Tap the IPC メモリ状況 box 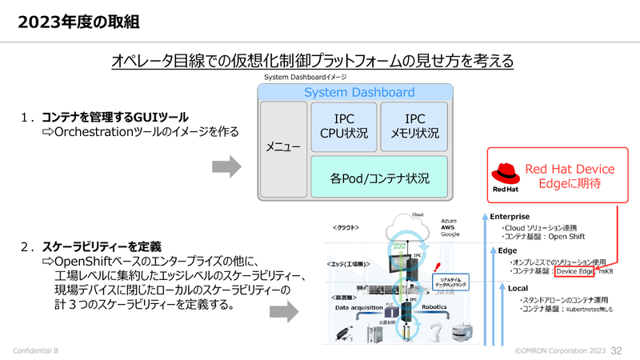(x=414, y=126)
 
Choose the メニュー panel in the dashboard (x=283, y=148)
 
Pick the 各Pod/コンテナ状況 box (x=379, y=178)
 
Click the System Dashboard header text (x=359, y=93)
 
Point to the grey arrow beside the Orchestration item (x=226, y=166)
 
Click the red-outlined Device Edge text (x=576, y=272)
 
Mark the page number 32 (x=617, y=351)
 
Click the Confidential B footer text (x=37, y=351)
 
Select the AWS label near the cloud (x=449, y=226)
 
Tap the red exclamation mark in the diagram (x=437, y=266)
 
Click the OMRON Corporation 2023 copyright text (x=559, y=351)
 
